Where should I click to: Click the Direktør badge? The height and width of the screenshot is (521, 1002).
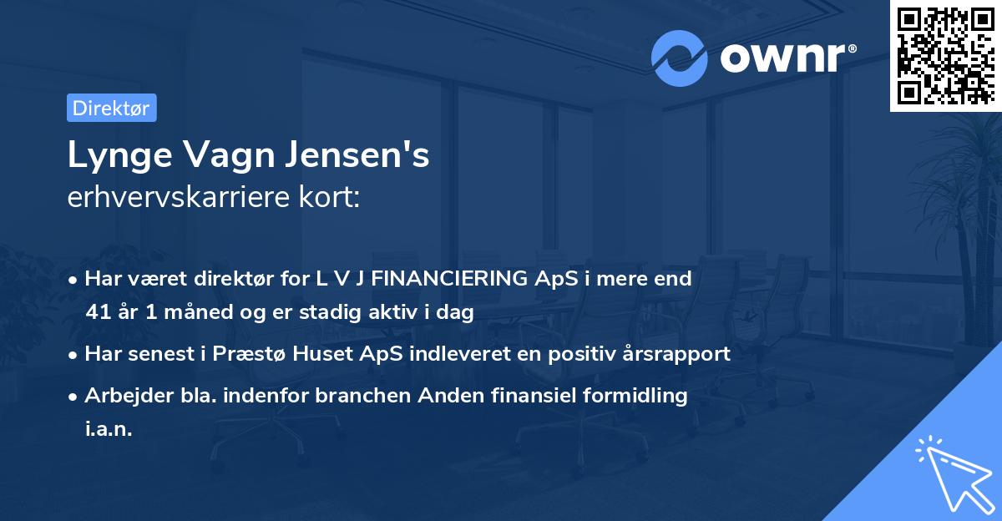point(111,109)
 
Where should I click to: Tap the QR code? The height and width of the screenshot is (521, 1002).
point(945,55)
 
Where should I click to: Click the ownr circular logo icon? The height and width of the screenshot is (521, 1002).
point(680,58)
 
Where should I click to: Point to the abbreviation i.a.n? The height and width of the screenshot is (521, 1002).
point(109,429)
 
